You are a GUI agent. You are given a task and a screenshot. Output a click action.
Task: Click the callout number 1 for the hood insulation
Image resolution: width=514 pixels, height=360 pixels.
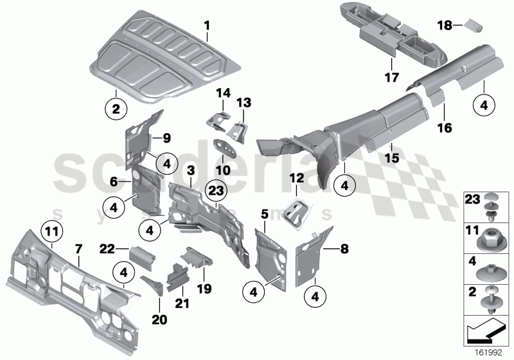(x=207, y=26)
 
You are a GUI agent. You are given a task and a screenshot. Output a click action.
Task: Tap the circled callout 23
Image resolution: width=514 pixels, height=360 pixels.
(x=217, y=191)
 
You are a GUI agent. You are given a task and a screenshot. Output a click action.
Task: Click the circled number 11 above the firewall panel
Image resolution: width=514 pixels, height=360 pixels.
(x=51, y=229)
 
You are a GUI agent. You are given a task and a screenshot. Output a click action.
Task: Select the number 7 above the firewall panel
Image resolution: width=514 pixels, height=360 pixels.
(x=78, y=248)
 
